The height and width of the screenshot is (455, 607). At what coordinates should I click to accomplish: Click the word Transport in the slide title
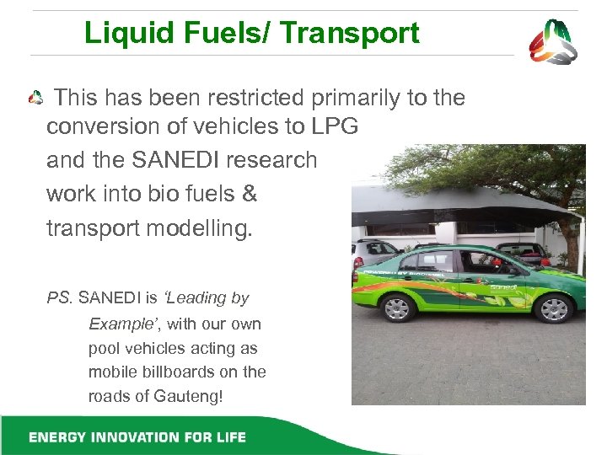(x=349, y=33)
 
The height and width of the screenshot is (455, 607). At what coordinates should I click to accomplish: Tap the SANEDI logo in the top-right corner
(x=553, y=41)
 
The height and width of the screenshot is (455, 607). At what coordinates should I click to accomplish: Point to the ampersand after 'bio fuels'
(x=249, y=194)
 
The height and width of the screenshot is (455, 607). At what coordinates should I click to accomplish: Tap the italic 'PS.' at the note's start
(x=60, y=297)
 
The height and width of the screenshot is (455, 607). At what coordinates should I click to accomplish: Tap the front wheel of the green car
(x=554, y=308)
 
